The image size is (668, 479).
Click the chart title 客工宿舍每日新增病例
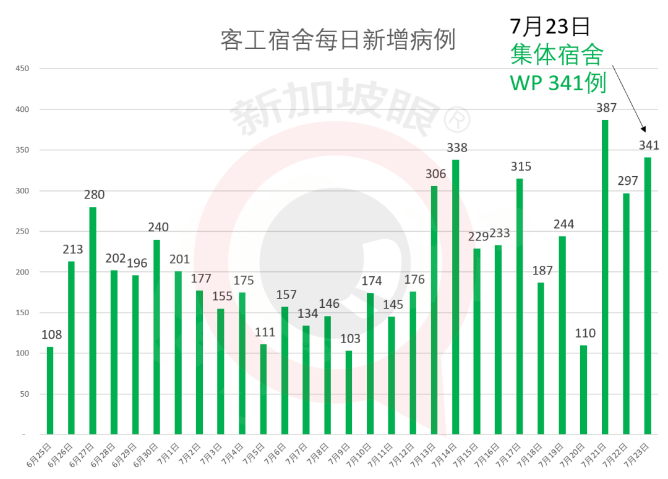338,40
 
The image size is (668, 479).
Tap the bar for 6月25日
50,390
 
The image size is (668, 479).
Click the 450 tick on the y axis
22,69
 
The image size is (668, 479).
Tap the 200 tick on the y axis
22,272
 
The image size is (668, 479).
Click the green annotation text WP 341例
557,83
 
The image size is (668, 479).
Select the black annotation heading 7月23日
550,27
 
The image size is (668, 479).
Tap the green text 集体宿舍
557,55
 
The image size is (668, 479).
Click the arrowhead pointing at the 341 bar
643,130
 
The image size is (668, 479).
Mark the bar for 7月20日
583,389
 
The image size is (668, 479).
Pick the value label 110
584,334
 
